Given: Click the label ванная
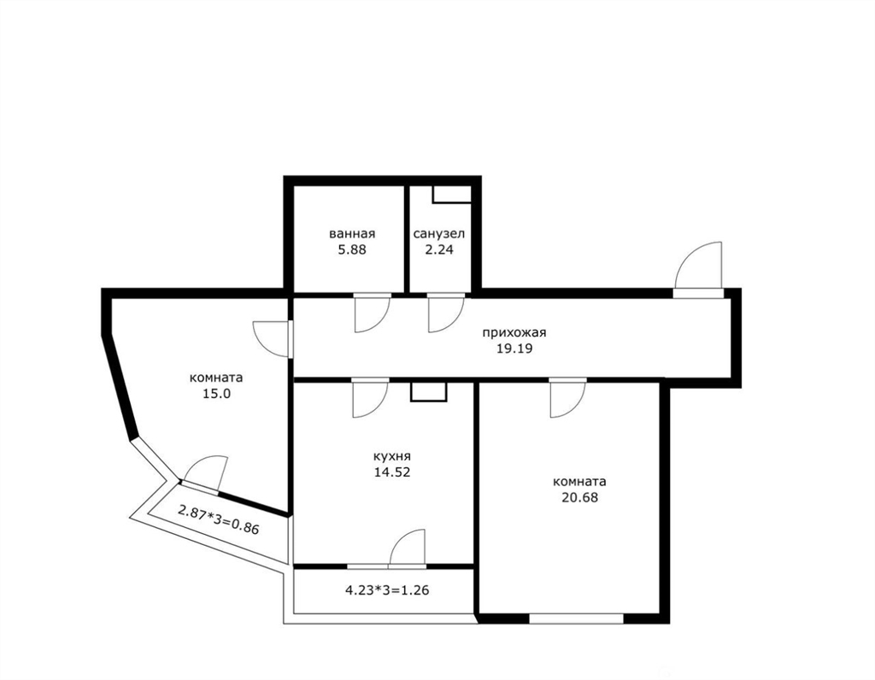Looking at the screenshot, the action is [x=352, y=234].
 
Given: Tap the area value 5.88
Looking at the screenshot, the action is [x=352, y=249].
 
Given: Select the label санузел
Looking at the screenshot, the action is [x=438, y=234].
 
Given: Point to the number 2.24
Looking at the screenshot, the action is [x=439, y=249].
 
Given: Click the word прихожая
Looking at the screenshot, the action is [x=514, y=333].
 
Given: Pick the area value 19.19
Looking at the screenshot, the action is [x=514, y=349].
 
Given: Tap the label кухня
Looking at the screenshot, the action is [x=391, y=456].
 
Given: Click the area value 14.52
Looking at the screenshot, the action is [x=392, y=472].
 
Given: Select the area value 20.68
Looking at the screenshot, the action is [x=579, y=497].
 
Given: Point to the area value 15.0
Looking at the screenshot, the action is [x=217, y=393].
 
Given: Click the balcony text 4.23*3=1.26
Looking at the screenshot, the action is [x=387, y=589].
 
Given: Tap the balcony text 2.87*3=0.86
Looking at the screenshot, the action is [x=219, y=519].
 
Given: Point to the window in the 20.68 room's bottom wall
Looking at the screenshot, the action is [x=576, y=618].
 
